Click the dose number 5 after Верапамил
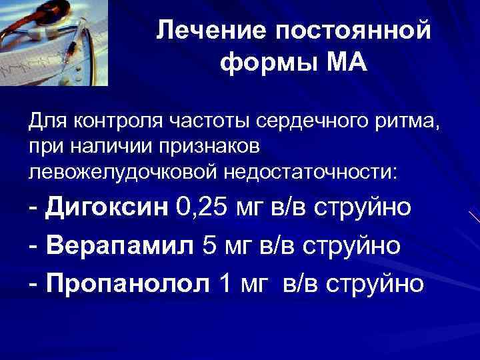point(208,245)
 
